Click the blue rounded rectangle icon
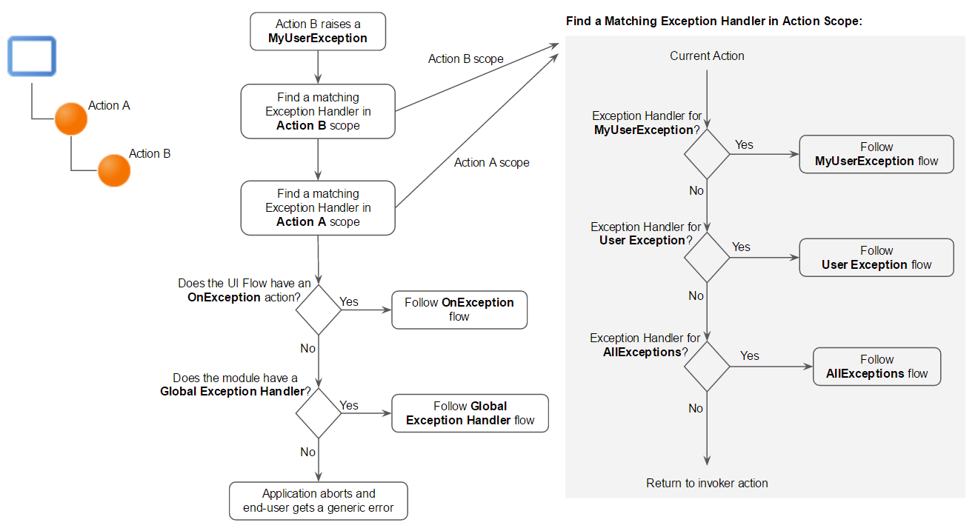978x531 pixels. pos(32,56)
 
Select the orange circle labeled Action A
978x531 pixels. pos(71,118)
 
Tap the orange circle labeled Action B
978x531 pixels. pos(114,170)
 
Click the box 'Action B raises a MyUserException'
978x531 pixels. pos(318,31)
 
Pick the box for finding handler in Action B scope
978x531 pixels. pos(318,111)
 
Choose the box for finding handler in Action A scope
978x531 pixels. pos(318,207)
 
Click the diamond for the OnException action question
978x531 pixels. pos(319,310)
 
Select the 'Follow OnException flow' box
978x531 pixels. pos(459,310)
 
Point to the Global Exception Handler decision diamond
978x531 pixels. pos(319,413)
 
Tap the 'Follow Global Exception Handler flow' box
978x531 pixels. pos(470,413)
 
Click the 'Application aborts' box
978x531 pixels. pos(319,501)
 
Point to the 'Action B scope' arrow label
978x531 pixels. pos(465,59)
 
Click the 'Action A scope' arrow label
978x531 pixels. pos(492,163)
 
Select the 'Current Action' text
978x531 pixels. pos(707,56)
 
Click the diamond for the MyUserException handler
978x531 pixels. pos(708,154)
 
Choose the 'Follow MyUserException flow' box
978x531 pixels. pos(876,154)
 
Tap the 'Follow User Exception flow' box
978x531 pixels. pos(876,258)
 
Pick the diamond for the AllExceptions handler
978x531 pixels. pos(708,367)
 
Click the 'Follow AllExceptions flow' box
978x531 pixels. pos(876,367)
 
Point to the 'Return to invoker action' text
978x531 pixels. pos(707,484)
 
